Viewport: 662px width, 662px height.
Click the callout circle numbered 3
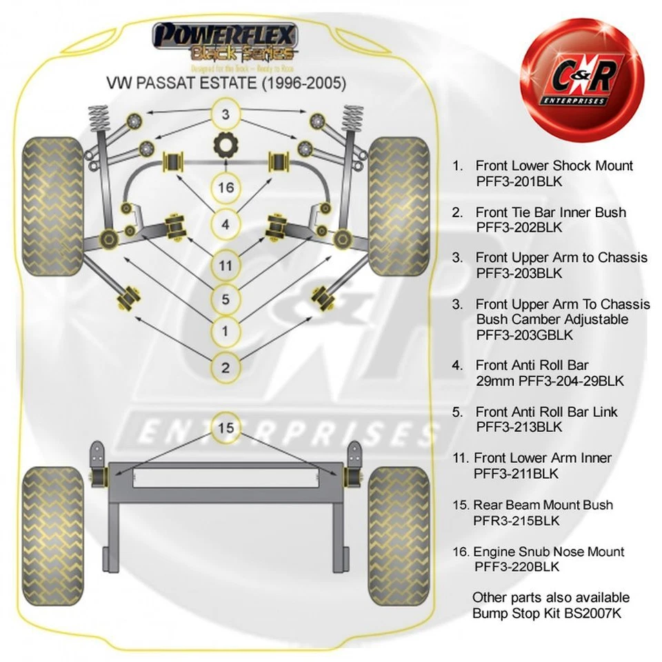(x=225, y=114)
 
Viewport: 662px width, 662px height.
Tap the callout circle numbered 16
(x=225, y=188)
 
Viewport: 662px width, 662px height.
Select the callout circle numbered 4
(x=225, y=224)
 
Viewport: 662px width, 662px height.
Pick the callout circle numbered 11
(x=225, y=265)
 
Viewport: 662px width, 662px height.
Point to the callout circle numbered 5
(x=225, y=299)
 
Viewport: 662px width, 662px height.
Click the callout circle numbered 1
(x=225, y=332)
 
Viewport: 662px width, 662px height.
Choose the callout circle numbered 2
(x=225, y=367)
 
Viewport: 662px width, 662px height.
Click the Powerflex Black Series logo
(x=225, y=43)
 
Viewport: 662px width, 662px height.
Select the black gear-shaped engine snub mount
(x=225, y=146)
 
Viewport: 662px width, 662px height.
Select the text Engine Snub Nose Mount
(x=548, y=552)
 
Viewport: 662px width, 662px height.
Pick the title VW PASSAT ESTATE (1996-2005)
(x=225, y=83)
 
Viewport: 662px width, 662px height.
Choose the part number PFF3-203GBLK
(x=523, y=335)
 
